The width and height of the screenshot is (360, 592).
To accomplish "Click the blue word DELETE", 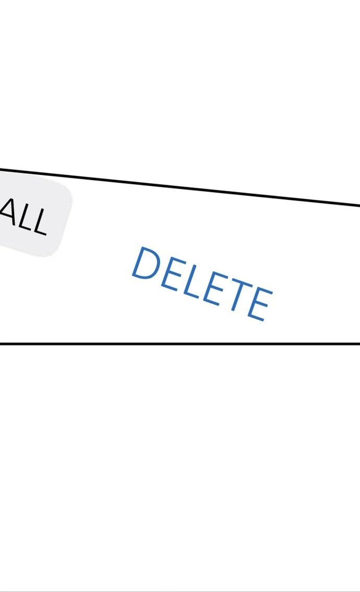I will [201, 283].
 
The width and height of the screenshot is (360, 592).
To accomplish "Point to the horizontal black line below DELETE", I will [180, 344].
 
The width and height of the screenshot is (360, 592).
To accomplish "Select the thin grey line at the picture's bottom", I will [180, 591].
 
